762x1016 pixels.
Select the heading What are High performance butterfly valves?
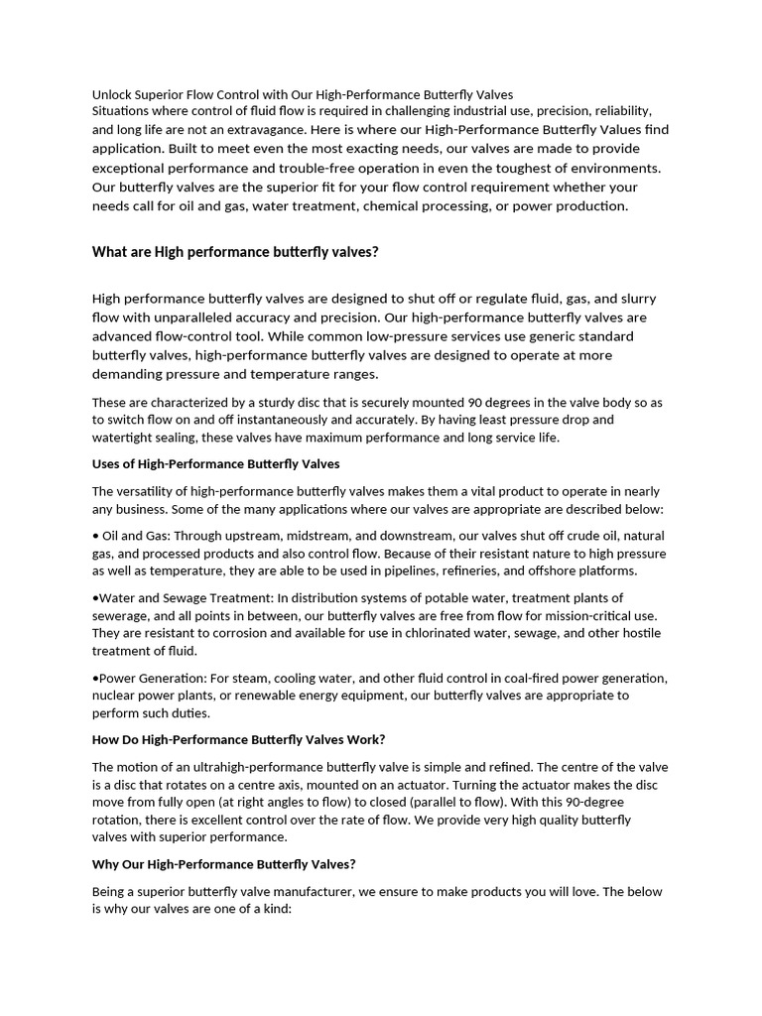point(235,252)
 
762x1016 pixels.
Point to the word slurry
point(631,299)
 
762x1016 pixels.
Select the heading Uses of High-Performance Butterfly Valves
point(216,463)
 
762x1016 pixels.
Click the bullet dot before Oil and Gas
point(95,536)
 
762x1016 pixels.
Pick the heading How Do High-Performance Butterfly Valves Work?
point(238,740)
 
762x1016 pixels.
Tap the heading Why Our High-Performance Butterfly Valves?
point(223,864)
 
